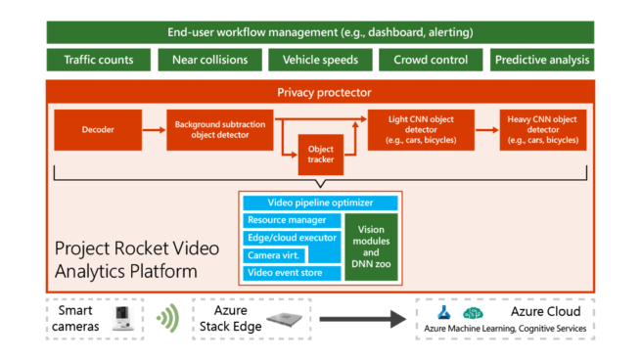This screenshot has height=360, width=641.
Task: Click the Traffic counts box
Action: pos(99,60)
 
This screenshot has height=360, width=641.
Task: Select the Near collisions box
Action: pos(209,60)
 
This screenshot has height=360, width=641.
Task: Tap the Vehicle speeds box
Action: pos(320,60)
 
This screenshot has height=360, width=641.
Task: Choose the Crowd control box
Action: pos(431,60)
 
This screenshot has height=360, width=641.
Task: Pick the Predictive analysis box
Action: pos(542,60)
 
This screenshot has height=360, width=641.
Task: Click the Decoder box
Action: pos(98,130)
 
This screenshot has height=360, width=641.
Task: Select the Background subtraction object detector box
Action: pos(220,130)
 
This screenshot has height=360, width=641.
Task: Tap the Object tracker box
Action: pos(321,155)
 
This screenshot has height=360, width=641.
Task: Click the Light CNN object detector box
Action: pos(421,130)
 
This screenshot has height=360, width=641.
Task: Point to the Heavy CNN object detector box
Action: pos(543,130)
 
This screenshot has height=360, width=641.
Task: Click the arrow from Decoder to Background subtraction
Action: pos(154,130)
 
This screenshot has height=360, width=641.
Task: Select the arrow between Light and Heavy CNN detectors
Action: pos(487,130)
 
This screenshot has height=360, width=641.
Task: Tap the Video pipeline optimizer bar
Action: pos(320,202)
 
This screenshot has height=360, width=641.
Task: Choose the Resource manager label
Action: pos(287,220)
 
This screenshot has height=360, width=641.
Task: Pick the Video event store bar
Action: pos(292,273)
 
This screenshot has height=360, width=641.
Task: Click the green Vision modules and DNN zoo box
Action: pos(371,247)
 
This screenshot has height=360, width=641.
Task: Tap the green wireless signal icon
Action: pos(168,318)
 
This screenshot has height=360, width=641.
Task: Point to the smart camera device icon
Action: pos(122,318)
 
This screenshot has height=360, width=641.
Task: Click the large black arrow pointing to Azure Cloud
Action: pos(363,319)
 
